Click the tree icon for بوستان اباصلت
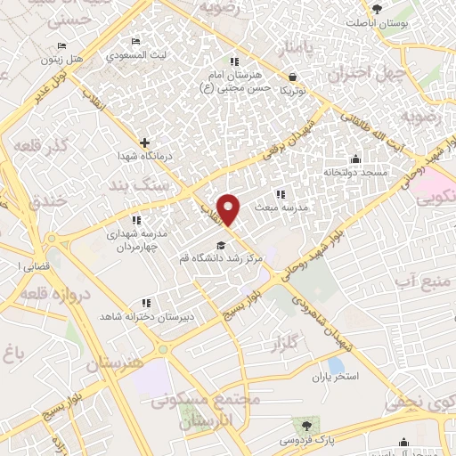pyautogui.click(x=377, y=10)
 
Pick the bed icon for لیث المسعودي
pyautogui.click(x=135, y=42)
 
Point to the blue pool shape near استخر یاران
pyautogui.click(x=336, y=364)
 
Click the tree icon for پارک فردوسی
pyautogui.click(x=308, y=426)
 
